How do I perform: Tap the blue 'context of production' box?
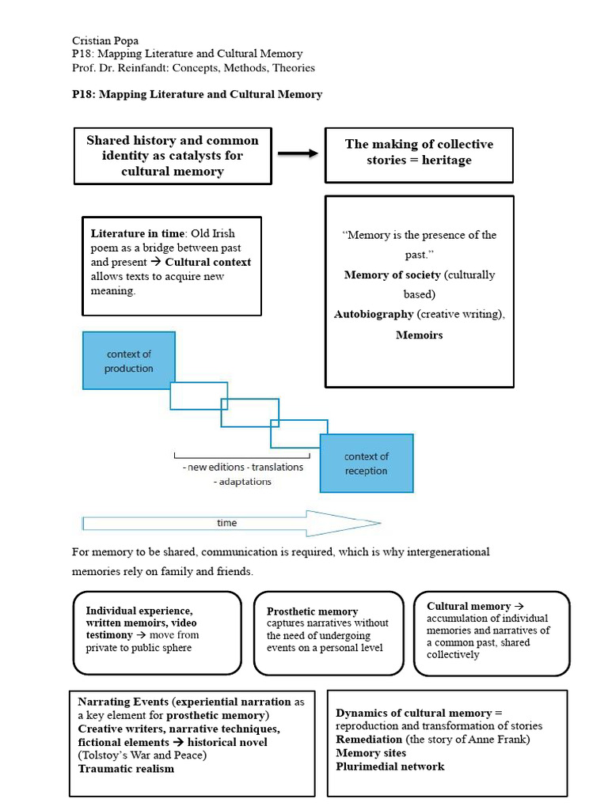point(128,361)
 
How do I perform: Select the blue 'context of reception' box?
point(366,464)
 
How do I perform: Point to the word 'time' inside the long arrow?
point(226,523)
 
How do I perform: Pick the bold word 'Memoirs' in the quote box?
point(419,335)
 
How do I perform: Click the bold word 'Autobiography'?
point(374,314)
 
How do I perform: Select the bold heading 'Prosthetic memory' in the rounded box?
point(312,611)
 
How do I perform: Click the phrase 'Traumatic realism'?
point(126,769)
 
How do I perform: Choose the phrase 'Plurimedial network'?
point(389,766)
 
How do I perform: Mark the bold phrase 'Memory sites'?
point(370,753)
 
